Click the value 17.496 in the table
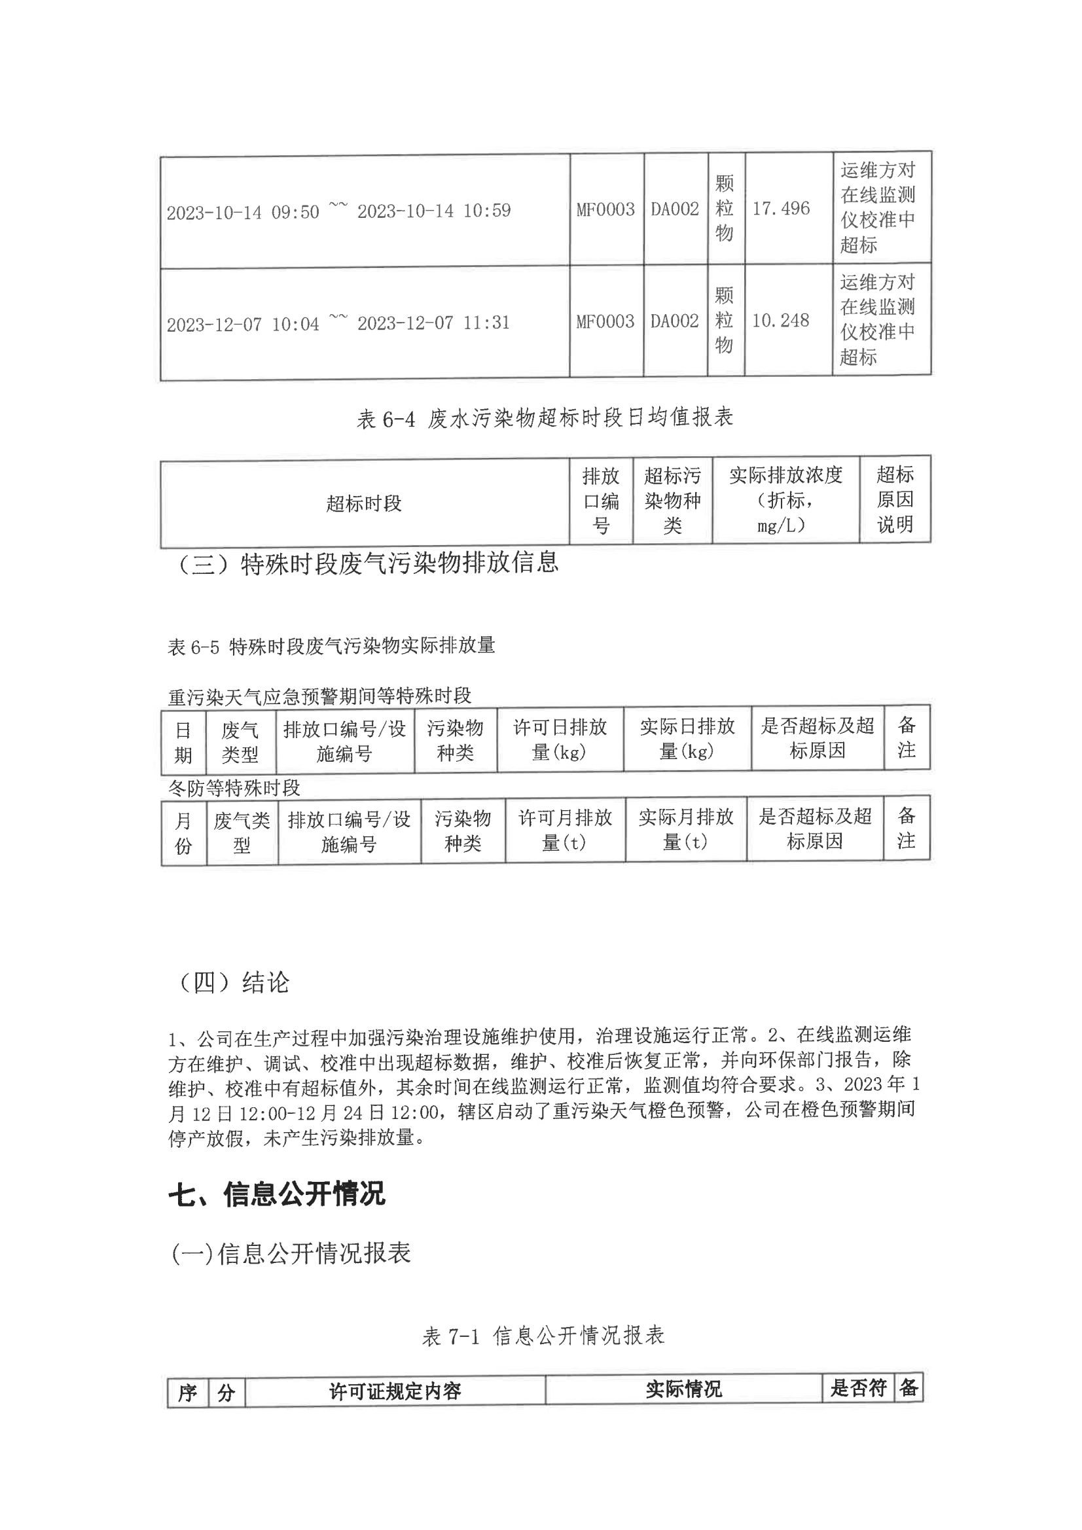[x=781, y=209]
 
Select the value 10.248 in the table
[x=780, y=321]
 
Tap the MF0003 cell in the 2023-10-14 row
[x=605, y=209]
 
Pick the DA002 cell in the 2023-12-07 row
[x=675, y=321]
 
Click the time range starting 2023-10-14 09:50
[x=338, y=211]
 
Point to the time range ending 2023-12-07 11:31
[x=338, y=323]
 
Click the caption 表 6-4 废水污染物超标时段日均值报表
[x=545, y=418]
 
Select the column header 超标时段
[x=364, y=503]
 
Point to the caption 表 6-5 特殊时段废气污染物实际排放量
[x=331, y=646]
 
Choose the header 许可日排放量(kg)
[x=560, y=739]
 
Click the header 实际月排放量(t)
[x=685, y=830]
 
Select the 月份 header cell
[x=183, y=832]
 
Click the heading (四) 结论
[x=233, y=982]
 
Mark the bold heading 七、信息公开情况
[x=277, y=1194]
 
